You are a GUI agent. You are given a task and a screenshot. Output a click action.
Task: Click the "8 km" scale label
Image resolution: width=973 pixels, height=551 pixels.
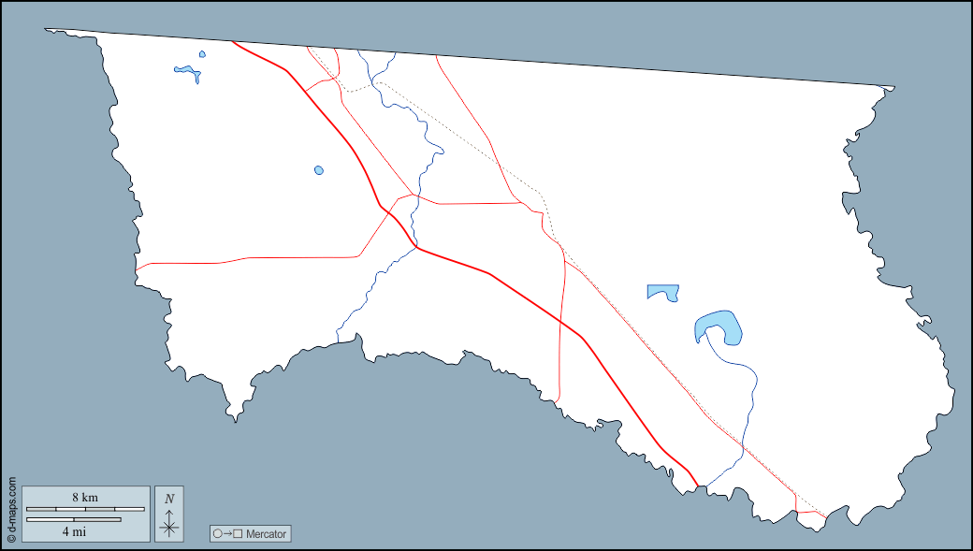tap(85, 498)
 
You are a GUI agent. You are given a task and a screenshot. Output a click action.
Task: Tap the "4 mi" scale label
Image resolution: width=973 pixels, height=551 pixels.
tap(73, 530)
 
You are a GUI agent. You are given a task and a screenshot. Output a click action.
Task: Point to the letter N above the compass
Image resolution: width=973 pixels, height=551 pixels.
tap(169, 499)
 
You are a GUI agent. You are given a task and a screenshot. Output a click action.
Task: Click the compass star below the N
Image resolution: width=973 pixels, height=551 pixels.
tap(169, 527)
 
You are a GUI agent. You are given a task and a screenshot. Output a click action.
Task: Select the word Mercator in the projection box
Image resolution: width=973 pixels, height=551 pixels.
tap(267, 534)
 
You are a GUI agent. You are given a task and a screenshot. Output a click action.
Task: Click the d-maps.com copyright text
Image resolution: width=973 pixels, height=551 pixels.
tap(11, 510)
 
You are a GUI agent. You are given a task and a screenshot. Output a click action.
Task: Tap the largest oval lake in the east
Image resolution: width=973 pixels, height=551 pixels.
tap(719, 326)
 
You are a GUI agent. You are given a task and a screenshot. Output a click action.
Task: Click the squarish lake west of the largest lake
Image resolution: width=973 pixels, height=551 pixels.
tap(661, 292)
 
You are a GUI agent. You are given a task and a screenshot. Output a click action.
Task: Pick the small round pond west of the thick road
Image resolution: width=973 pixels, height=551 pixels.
tap(319, 170)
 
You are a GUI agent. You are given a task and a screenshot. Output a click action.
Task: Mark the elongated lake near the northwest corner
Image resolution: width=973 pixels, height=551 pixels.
tap(188, 70)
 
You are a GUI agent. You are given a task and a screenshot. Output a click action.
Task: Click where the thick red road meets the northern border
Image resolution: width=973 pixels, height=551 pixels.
tap(231, 41)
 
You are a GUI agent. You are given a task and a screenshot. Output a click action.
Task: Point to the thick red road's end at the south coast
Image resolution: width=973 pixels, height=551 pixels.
tap(698, 486)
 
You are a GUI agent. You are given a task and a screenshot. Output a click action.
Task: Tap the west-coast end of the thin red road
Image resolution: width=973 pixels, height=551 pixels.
tap(137, 271)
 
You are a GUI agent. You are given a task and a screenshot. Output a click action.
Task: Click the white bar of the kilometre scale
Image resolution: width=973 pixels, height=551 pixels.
tap(85, 509)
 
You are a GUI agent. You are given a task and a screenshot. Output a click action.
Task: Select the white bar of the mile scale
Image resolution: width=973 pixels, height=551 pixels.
tap(73, 519)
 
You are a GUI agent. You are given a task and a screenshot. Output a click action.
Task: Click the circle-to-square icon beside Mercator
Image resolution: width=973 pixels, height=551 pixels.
tap(227, 534)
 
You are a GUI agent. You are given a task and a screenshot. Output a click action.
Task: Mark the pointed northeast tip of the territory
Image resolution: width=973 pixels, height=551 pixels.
tap(893, 88)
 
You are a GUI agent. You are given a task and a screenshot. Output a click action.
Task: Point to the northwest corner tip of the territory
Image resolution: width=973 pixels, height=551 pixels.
tap(46, 29)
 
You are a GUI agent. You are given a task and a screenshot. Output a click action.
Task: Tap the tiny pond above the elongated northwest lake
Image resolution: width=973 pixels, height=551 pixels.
tap(202, 54)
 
